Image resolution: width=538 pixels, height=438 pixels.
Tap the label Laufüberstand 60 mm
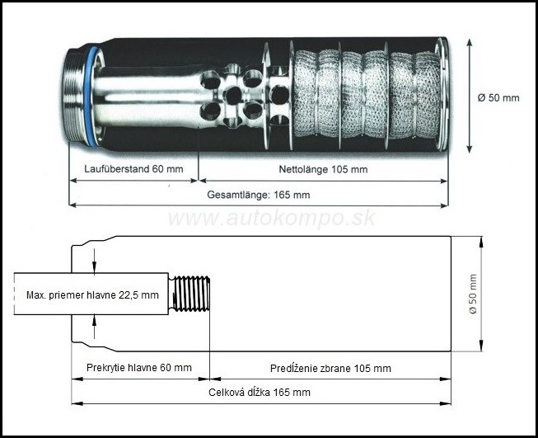(133, 169)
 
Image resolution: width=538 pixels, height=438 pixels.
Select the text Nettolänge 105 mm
(323, 169)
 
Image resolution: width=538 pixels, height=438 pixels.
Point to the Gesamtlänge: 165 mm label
(259, 195)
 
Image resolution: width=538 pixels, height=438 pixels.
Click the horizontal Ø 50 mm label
(498, 98)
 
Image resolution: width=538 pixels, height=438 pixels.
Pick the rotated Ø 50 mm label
(473, 294)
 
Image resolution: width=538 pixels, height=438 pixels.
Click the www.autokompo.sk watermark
(272, 218)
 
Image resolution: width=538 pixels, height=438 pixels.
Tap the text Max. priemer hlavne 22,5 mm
(92, 295)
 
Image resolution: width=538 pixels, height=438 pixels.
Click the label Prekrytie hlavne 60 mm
(139, 368)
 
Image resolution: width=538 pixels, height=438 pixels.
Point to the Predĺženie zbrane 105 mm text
(330, 368)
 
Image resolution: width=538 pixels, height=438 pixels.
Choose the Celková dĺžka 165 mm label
(260, 393)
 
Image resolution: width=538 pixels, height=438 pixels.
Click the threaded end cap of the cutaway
(74, 95)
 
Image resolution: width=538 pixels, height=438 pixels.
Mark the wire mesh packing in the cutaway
(367, 94)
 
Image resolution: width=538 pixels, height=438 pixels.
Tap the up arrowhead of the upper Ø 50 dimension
(470, 42)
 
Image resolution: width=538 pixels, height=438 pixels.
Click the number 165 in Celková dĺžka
(282, 393)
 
